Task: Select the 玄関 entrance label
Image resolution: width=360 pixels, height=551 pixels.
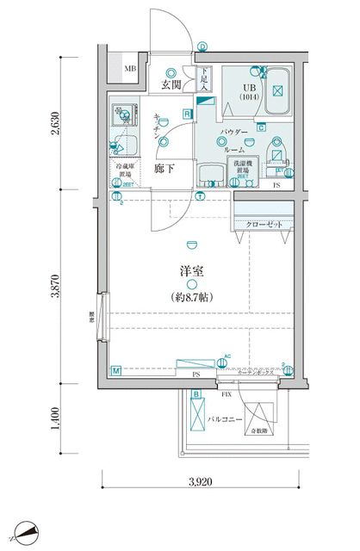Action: click(169, 85)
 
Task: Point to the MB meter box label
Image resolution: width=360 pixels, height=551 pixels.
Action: click(129, 69)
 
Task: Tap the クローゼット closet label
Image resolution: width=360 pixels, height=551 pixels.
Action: click(264, 224)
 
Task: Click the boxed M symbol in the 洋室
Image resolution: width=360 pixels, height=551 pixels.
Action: click(115, 371)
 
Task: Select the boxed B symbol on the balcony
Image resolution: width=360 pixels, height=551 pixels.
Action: click(197, 394)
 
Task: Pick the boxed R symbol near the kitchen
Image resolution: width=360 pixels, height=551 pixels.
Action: click(187, 114)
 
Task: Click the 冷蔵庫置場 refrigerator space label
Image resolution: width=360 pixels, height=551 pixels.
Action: click(127, 172)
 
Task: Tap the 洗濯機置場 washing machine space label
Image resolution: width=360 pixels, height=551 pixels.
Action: click(241, 169)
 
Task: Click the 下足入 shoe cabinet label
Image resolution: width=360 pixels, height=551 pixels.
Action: click(204, 79)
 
